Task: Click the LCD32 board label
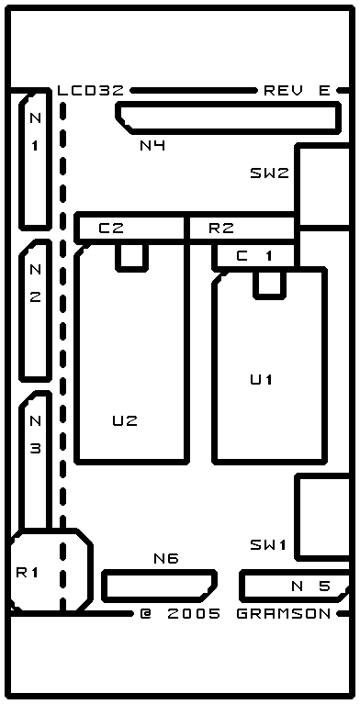tap(91, 91)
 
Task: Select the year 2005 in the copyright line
tap(194, 613)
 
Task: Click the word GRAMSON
tap(284, 613)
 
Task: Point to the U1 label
tap(262, 379)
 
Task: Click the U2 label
tap(125, 420)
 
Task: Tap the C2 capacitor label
tap(111, 229)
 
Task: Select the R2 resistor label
tap(221, 229)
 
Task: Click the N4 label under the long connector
tap(152, 145)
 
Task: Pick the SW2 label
tap(269, 173)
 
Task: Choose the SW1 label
tap(268, 544)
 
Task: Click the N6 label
tap(166, 559)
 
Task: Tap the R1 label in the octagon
tap(28, 573)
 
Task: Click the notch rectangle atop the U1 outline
tap(269, 285)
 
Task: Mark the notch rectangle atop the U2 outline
tap(131, 257)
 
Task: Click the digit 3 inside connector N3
tap(36, 449)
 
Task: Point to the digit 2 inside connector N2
tap(36, 297)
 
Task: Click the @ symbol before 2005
tap(146, 613)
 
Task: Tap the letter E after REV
tap(325, 91)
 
